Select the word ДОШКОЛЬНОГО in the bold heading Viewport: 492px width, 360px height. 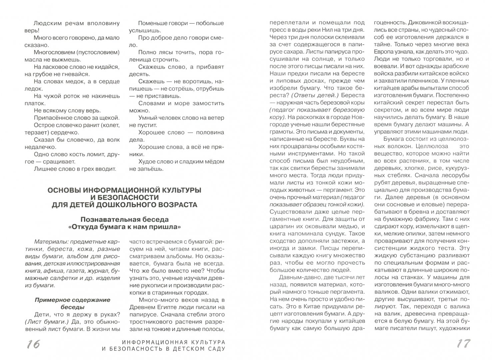(x=136, y=205)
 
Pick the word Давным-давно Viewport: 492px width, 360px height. (x=296, y=277)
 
